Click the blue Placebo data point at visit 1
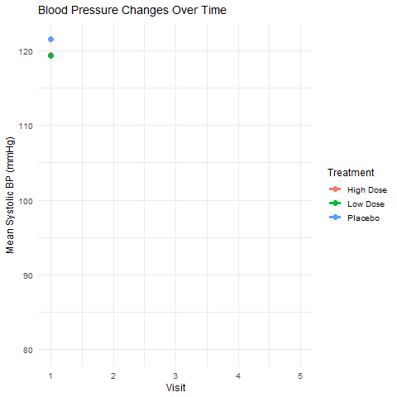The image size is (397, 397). (x=51, y=39)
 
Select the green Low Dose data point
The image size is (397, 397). (x=51, y=55)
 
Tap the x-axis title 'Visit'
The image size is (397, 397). (x=175, y=387)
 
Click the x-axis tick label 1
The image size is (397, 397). (x=51, y=375)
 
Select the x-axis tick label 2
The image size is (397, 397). (x=113, y=375)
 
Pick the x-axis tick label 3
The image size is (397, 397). (x=176, y=375)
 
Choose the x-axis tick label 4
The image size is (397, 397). (x=238, y=375)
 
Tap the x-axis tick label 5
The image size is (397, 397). (x=300, y=375)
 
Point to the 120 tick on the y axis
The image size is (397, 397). (x=27, y=51)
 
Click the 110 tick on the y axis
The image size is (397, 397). (x=27, y=126)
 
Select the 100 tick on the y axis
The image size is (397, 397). (x=27, y=200)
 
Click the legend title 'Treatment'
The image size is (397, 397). (x=352, y=173)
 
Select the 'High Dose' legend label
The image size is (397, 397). (x=366, y=190)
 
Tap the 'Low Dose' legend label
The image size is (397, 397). (x=366, y=203)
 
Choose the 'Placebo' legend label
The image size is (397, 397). (x=363, y=218)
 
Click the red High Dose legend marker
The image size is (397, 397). (x=335, y=190)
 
